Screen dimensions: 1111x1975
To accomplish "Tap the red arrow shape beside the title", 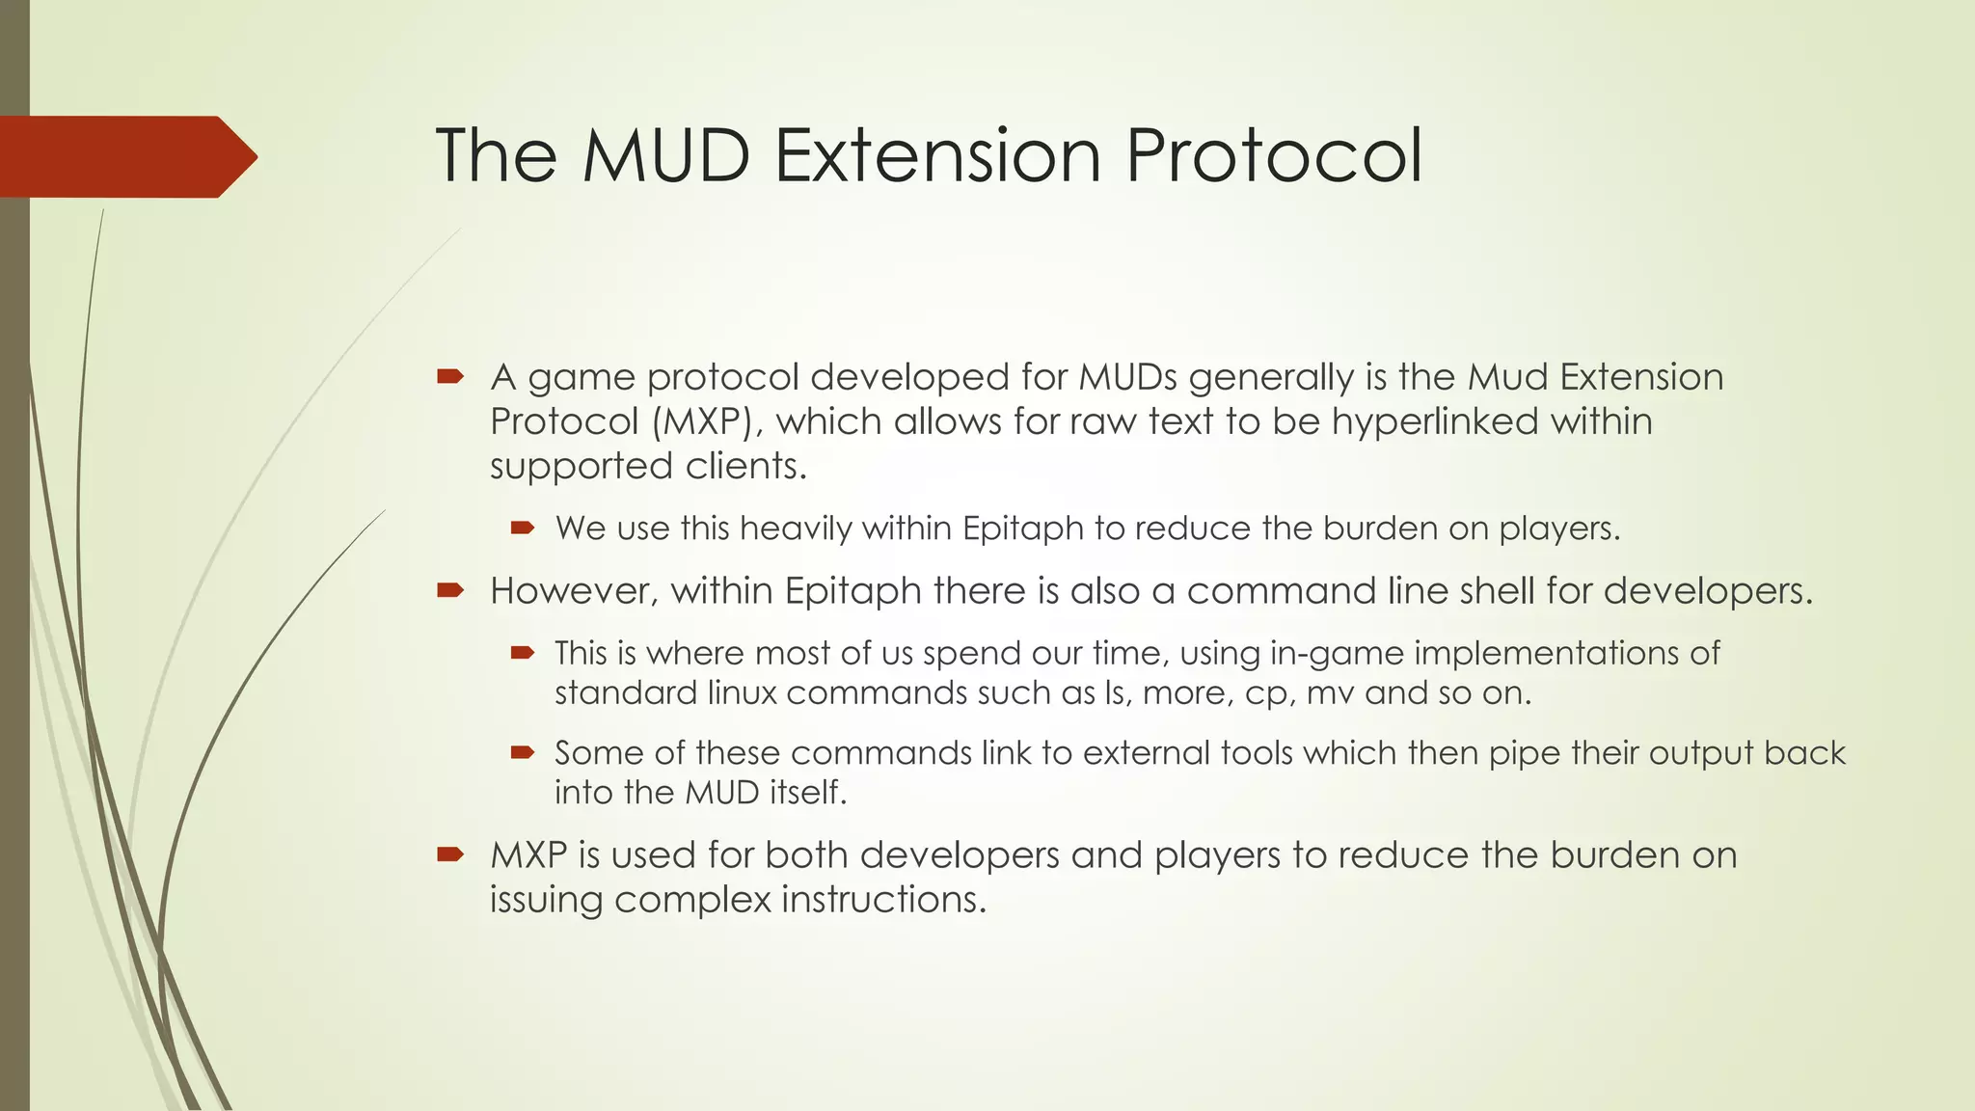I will (125, 156).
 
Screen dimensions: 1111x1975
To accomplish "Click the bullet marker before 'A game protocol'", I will (450, 376).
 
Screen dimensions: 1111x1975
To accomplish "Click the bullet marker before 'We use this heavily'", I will (523, 528).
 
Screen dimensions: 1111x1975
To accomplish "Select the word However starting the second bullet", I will (573, 591).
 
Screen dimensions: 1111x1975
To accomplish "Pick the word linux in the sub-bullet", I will (742, 693).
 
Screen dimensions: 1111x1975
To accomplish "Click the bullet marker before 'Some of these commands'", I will (523, 752).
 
